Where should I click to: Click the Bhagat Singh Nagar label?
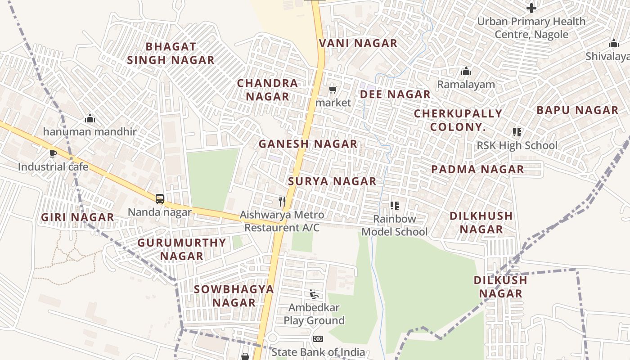click(171, 53)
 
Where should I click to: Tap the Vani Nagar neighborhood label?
click(358, 43)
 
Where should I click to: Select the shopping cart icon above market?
click(333, 90)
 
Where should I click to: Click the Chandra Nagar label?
click(267, 90)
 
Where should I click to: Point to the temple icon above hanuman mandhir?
click(90, 118)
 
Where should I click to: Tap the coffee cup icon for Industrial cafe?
click(53, 154)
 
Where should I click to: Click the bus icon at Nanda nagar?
click(160, 198)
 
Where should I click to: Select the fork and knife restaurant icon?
click(282, 201)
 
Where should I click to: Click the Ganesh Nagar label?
click(308, 144)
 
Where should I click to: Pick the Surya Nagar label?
click(332, 181)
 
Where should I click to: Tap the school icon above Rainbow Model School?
click(395, 206)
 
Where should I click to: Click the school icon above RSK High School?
click(517, 132)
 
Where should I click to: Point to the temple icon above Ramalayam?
click(466, 72)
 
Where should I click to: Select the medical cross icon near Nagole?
click(531, 8)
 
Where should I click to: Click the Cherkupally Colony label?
click(458, 120)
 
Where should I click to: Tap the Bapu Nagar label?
click(577, 110)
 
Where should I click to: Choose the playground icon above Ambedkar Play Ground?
click(314, 294)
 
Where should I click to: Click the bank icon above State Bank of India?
click(318, 339)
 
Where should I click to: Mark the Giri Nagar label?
click(77, 217)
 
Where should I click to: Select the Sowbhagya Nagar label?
click(234, 296)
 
